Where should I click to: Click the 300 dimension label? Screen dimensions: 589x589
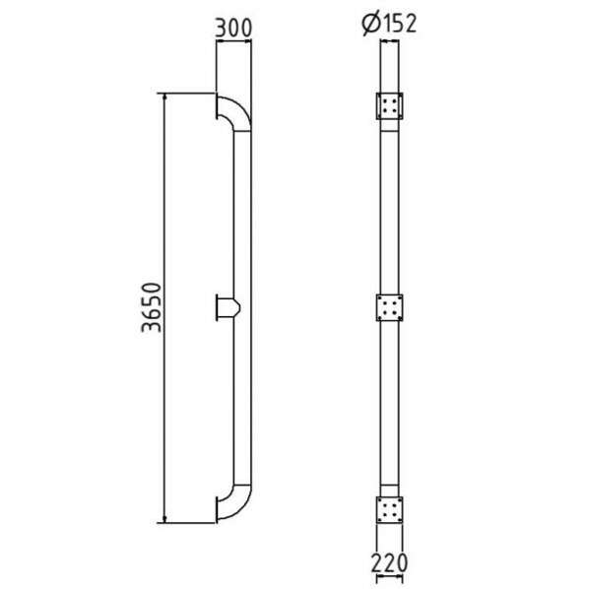tap(232, 28)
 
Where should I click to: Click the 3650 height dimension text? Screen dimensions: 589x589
tap(152, 307)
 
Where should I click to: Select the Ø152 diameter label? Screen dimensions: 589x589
tap(389, 24)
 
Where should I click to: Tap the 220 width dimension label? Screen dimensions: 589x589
tap(389, 562)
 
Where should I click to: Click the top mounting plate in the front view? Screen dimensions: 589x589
tap(389, 106)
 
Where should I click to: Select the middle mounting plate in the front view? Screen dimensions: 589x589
tap(389, 307)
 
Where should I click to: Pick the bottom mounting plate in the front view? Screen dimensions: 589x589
tap(389, 510)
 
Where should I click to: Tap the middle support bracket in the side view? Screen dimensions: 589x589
tap(228, 307)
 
